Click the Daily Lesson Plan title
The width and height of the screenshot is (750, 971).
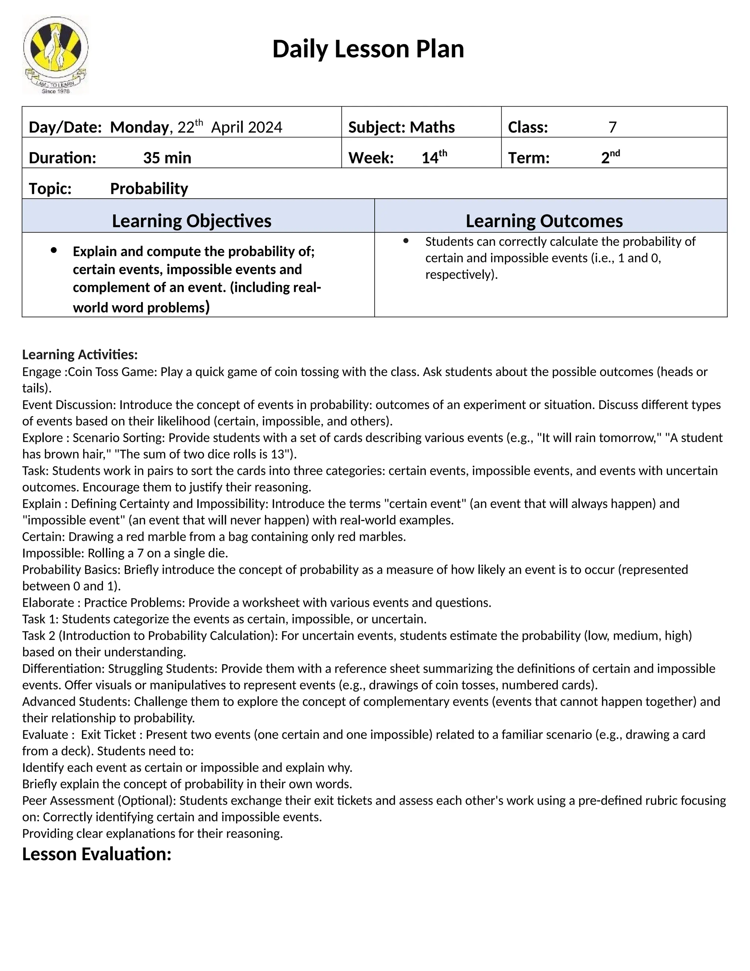point(368,49)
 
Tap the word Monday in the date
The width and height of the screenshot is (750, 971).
point(139,127)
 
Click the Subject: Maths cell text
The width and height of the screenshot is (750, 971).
point(401,127)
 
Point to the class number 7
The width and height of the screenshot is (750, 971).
point(612,127)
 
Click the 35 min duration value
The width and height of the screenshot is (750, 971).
point(167,158)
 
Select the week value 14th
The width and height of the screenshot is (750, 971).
point(434,158)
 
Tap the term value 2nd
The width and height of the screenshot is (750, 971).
point(610,158)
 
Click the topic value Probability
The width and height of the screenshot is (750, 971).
point(149,188)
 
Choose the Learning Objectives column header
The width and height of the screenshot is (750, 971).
point(192,221)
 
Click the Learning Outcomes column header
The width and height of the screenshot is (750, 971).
point(544,221)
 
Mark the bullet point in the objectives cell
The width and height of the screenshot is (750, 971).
point(54,250)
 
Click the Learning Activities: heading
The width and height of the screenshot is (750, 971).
point(80,355)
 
